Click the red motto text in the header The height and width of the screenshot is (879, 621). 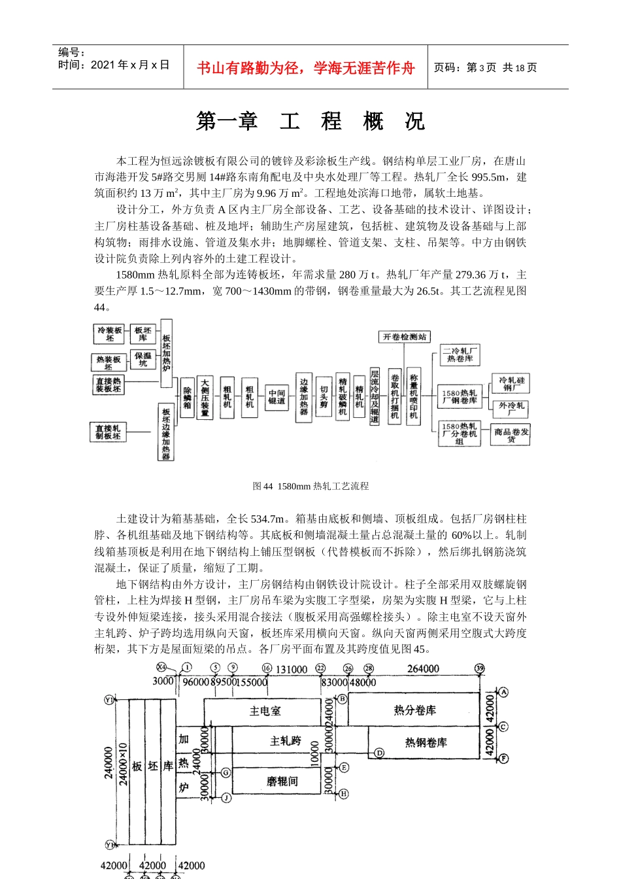[x=305, y=68]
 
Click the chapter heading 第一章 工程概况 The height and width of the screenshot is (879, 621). [x=310, y=122]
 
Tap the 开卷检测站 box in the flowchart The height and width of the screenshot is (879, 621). [x=404, y=337]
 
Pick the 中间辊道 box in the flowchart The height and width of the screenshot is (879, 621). [x=277, y=397]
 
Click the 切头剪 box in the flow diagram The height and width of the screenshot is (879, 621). [x=324, y=396]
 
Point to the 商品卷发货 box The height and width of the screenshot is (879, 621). [x=511, y=436]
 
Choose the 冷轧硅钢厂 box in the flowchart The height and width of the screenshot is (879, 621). [x=511, y=384]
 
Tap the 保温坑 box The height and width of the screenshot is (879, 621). [x=143, y=359]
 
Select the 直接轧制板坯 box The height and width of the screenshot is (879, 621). [x=108, y=432]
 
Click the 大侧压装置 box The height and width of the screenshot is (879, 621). [x=205, y=397]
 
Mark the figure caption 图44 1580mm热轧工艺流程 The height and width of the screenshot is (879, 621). [x=310, y=486]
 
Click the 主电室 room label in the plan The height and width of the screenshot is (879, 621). [x=265, y=711]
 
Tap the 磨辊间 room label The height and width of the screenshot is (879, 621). [x=282, y=781]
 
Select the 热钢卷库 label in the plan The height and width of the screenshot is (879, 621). [x=426, y=742]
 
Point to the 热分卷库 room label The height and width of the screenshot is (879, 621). [x=414, y=710]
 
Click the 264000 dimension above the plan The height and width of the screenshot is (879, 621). [x=423, y=669]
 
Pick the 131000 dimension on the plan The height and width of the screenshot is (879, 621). [x=291, y=669]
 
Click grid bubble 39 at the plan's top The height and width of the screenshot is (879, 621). [x=480, y=668]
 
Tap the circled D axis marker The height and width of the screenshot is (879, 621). [x=379, y=753]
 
